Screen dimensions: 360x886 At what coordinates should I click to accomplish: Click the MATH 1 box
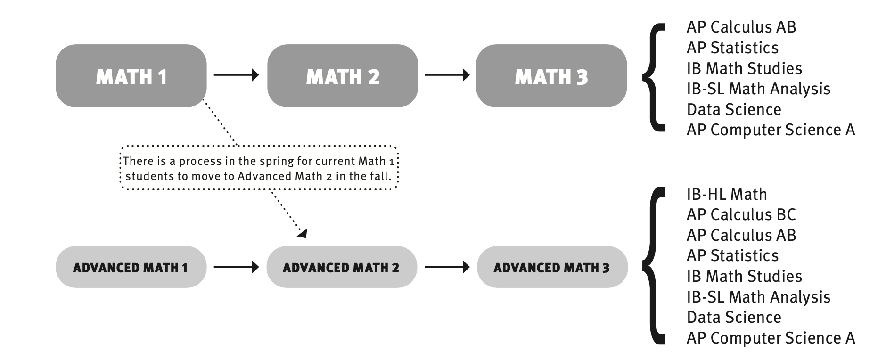tap(131, 76)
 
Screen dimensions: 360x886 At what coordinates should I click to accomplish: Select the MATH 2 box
tap(343, 76)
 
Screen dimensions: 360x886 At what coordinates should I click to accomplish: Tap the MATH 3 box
tap(551, 76)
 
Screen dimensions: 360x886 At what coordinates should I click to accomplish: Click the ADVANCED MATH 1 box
tap(131, 267)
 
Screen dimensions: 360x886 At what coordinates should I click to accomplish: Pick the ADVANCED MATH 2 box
tap(341, 267)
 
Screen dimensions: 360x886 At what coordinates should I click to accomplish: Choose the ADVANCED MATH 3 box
tap(552, 267)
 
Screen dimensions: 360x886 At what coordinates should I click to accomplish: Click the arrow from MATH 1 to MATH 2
tap(236, 75)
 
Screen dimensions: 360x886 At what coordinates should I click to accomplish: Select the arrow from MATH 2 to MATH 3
tap(447, 75)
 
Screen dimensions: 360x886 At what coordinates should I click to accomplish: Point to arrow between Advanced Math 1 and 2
tap(236, 267)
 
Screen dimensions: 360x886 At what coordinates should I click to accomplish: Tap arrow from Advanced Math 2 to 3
tap(447, 267)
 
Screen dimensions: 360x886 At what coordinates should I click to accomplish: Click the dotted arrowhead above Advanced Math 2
tap(302, 232)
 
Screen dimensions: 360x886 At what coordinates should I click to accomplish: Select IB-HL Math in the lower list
tap(727, 194)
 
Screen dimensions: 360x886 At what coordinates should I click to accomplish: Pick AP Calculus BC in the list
tap(741, 215)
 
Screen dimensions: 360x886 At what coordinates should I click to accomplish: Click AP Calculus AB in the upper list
tap(741, 27)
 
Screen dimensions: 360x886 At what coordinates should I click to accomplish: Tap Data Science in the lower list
tap(734, 317)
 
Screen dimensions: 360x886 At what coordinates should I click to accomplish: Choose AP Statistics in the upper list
tap(732, 48)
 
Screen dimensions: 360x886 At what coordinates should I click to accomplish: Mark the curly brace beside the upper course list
tap(654, 77)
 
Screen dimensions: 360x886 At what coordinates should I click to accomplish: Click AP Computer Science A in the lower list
tap(771, 338)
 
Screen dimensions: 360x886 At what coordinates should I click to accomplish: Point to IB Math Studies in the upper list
tap(744, 68)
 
